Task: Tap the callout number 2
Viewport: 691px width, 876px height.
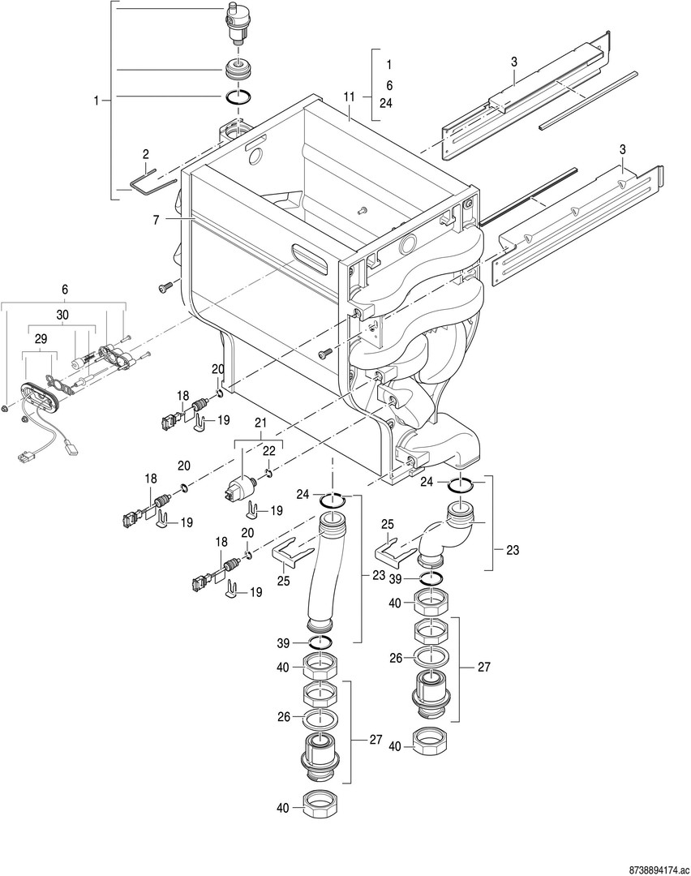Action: pyautogui.click(x=145, y=153)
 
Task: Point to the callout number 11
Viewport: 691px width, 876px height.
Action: pyautogui.click(x=350, y=97)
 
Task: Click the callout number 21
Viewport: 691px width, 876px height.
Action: pyautogui.click(x=260, y=423)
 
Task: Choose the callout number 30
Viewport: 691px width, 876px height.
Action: pyautogui.click(x=62, y=314)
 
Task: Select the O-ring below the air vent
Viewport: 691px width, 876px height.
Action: pyautogui.click(x=238, y=98)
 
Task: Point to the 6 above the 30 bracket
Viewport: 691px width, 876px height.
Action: pyautogui.click(x=65, y=289)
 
